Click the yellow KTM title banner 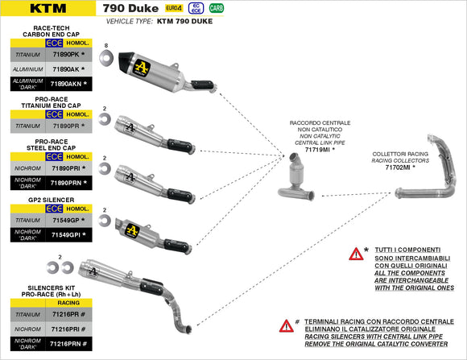tap(48, 9)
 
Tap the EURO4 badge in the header tap(173, 8)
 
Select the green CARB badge tap(217, 8)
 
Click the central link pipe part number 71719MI tap(318, 150)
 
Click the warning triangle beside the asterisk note tap(355, 254)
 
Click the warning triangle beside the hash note tap(286, 326)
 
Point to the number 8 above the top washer tap(105, 46)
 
